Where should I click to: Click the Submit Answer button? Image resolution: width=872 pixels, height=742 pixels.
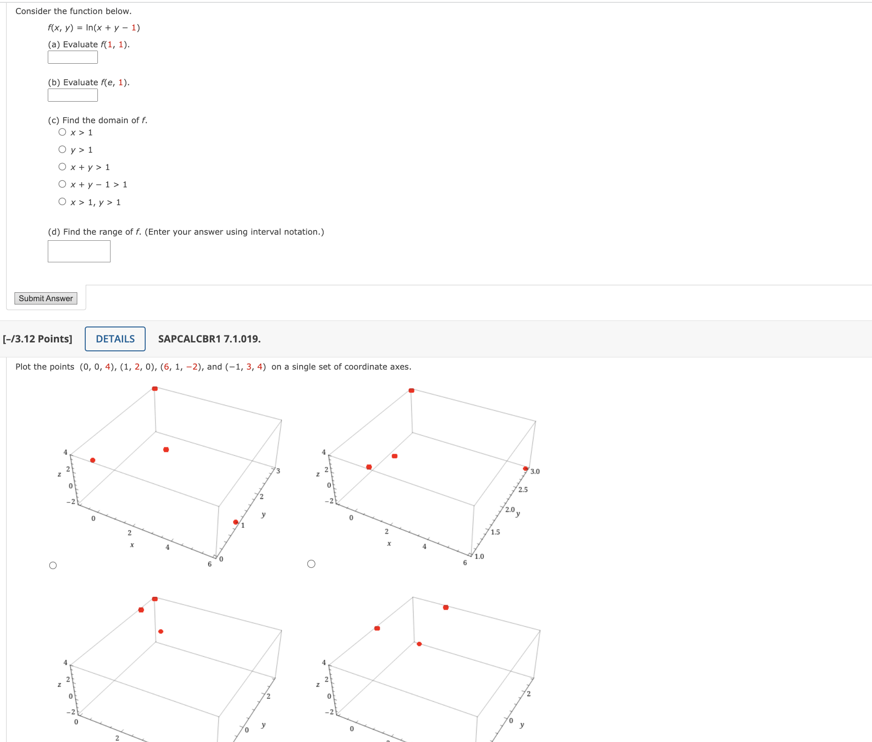coord(46,298)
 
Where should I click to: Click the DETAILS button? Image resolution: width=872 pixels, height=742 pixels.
coord(115,339)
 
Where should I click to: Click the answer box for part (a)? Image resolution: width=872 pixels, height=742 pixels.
coord(73,57)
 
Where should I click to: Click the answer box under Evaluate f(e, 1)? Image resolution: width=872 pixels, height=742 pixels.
coord(73,95)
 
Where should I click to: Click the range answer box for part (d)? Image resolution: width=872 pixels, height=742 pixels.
coord(79,251)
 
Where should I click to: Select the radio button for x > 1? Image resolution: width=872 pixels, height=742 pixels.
coord(62,132)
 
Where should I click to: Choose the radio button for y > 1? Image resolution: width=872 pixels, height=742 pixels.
coord(62,149)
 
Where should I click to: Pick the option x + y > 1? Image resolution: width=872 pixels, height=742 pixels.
coord(62,167)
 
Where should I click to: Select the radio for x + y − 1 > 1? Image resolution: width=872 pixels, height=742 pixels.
coord(62,184)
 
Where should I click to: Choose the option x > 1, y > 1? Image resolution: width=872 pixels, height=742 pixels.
coord(62,201)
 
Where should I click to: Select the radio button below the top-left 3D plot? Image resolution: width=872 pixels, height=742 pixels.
coord(53,565)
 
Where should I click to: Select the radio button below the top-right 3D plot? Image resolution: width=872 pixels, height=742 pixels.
coord(311,564)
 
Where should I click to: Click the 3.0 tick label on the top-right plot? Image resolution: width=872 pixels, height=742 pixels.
coord(535,471)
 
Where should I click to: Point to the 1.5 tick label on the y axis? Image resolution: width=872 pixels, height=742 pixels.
coord(495,532)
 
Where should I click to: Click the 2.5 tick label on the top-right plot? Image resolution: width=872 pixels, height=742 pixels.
coord(523,490)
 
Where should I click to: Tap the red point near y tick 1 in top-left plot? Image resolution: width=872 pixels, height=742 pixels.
coord(236,522)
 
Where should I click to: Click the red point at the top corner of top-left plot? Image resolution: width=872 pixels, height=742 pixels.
coord(155,388)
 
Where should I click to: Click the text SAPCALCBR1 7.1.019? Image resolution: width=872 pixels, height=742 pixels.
coord(209,339)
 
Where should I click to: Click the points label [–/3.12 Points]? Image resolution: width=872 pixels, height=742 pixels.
coord(37,339)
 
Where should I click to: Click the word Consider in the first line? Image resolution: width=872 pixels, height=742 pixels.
coord(33,11)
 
